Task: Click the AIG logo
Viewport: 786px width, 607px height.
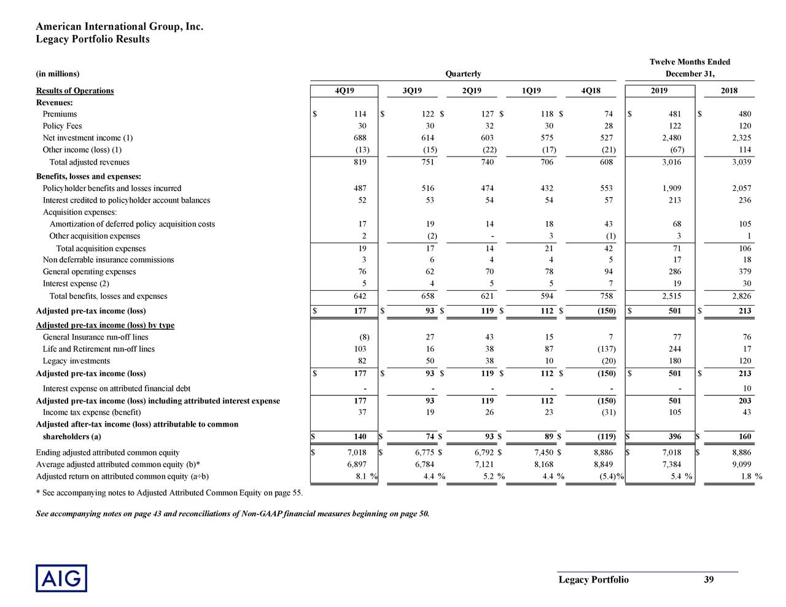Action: pos(61,578)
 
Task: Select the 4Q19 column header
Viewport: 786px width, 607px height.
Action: pos(344,91)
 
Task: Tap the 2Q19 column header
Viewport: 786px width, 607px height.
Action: pos(472,91)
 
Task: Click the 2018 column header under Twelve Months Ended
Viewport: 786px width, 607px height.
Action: pos(729,91)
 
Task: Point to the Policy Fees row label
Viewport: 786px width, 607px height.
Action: pos(62,126)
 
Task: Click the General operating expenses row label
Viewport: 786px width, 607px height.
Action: pos(89,272)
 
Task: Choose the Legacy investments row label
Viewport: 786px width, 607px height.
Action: pos(76,361)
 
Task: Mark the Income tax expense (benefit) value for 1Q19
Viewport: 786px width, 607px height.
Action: pos(548,412)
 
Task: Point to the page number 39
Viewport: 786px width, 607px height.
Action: pos(709,580)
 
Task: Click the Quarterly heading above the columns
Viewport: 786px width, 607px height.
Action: pos(462,74)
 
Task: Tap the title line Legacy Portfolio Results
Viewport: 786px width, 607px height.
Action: pos(93,39)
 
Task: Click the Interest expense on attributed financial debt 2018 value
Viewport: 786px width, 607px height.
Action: pos(746,389)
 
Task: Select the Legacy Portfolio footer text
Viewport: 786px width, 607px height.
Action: pos(593,580)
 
